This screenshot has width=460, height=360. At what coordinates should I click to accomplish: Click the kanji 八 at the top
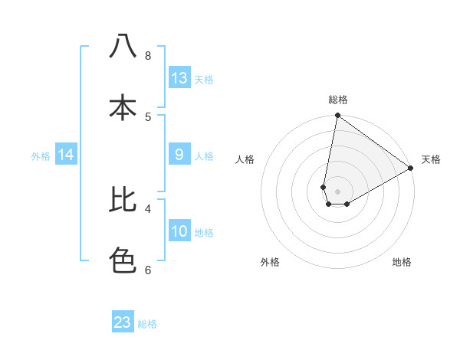point(123,47)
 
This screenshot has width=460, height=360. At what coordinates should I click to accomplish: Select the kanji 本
point(123,107)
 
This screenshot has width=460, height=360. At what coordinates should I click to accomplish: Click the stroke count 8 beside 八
point(147,56)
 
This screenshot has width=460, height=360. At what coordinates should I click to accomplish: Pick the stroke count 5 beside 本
point(147,116)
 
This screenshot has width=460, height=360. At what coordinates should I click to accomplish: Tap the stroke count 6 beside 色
point(147,270)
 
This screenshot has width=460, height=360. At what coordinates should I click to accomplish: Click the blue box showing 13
point(179,78)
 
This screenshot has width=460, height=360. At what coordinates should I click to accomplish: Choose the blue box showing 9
point(179,155)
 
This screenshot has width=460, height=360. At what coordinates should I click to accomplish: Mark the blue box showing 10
point(179,231)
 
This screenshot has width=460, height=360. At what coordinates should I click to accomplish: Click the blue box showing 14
point(66,155)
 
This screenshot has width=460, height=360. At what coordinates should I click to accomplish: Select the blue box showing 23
point(123,322)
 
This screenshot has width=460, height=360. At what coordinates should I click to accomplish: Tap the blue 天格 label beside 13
point(204,80)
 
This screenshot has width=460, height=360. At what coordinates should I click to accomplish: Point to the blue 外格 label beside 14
point(41,156)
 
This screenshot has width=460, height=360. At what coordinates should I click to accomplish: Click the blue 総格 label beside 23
point(147,324)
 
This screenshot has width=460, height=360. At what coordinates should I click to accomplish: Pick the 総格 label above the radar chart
point(337,100)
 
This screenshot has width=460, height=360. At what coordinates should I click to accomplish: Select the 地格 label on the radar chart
point(402,262)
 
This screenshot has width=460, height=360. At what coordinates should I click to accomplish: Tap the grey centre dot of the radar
point(337,191)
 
